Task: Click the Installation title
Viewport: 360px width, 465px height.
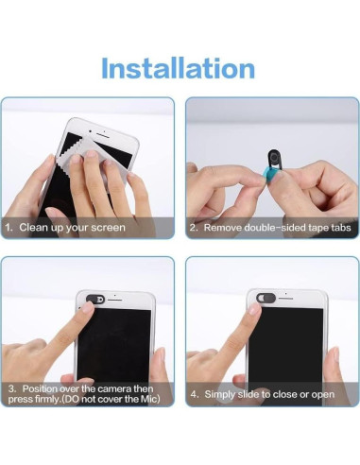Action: (179, 68)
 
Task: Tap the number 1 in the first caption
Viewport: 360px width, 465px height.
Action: (9, 228)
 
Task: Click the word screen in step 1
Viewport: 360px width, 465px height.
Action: (107, 228)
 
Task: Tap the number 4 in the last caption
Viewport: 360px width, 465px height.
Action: (192, 392)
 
